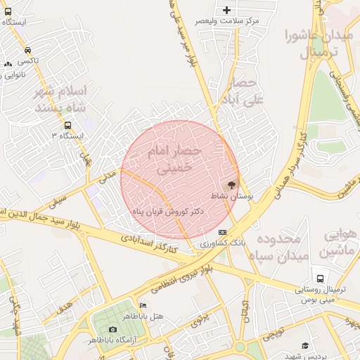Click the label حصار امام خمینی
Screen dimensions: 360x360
coord(174,160)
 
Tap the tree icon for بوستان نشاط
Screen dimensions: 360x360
coord(233,184)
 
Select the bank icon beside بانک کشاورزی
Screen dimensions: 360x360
coord(223,231)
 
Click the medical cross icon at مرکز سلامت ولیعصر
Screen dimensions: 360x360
coord(226,10)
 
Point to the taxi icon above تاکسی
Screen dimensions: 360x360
coord(27,50)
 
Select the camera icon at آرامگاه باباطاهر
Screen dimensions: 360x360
coord(112,329)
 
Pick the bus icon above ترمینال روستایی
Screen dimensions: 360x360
coord(320,278)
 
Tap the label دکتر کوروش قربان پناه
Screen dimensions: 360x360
coord(168,211)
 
